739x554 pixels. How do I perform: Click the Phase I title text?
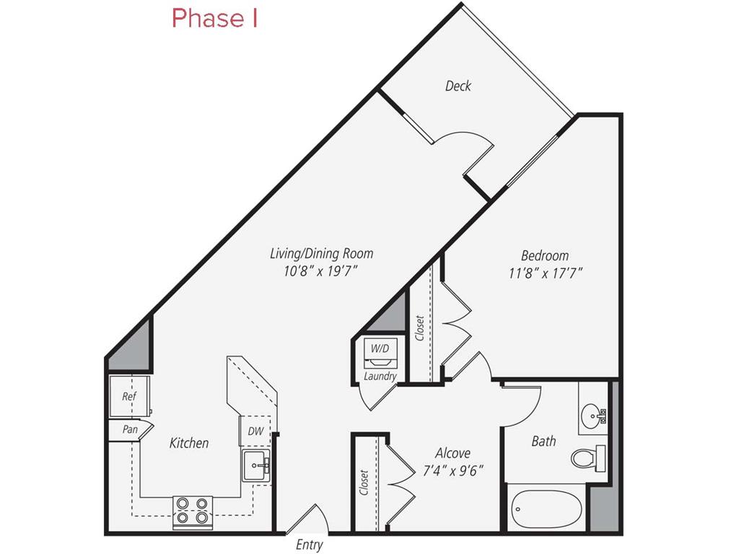tap(214, 19)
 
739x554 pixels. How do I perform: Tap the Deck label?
tap(458, 87)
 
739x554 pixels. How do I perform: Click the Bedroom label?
tap(545, 255)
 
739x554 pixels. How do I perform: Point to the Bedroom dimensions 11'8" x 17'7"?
tap(545, 273)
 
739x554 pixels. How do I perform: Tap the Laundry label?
tap(380, 377)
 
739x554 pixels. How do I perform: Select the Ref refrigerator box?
tap(129, 397)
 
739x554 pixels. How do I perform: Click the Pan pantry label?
tap(130, 429)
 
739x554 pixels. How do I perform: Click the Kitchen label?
tap(189, 443)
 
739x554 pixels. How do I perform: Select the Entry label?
tap(310, 545)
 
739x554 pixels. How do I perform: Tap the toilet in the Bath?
tap(587, 457)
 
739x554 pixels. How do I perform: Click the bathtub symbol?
tap(546, 511)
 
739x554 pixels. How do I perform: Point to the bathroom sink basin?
tap(595, 415)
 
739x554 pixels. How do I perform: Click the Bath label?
tap(543, 440)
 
